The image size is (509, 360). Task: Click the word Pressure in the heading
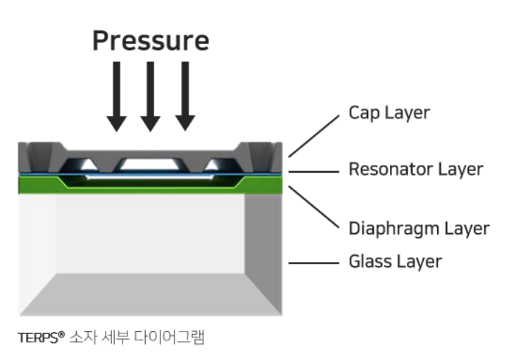pyautogui.click(x=151, y=41)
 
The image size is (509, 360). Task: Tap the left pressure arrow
pyautogui.click(x=117, y=97)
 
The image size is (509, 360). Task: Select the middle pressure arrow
pyautogui.click(x=150, y=97)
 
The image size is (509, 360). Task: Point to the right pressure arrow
pyautogui.click(x=185, y=97)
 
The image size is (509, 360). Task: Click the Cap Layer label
pyautogui.click(x=389, y=113)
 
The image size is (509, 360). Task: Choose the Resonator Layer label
pyautogui.click(x=416, y=169)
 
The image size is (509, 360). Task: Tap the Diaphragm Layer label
pyautogui.click(x=419, y=228)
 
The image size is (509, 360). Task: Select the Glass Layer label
pyautogui.click(x=395, y=261)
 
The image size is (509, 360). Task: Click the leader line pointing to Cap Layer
pyautogui.click(x=314, y=136)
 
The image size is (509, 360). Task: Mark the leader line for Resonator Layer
pyautogui.click(x=314, y=172)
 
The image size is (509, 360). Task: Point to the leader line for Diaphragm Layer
pyautogui.click(x=314, y=206)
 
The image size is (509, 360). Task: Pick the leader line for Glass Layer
pyautogui.click(x=314, y=263)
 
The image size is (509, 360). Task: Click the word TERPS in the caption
pyautogui.click(x=37, y=338)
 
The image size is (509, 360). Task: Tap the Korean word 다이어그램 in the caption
pyautogui.click(x=169, y=337)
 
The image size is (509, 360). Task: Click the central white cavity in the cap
pyautogui.click(x=150, y=164)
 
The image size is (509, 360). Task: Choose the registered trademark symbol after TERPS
pyautogui.click(x=62, y=335)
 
